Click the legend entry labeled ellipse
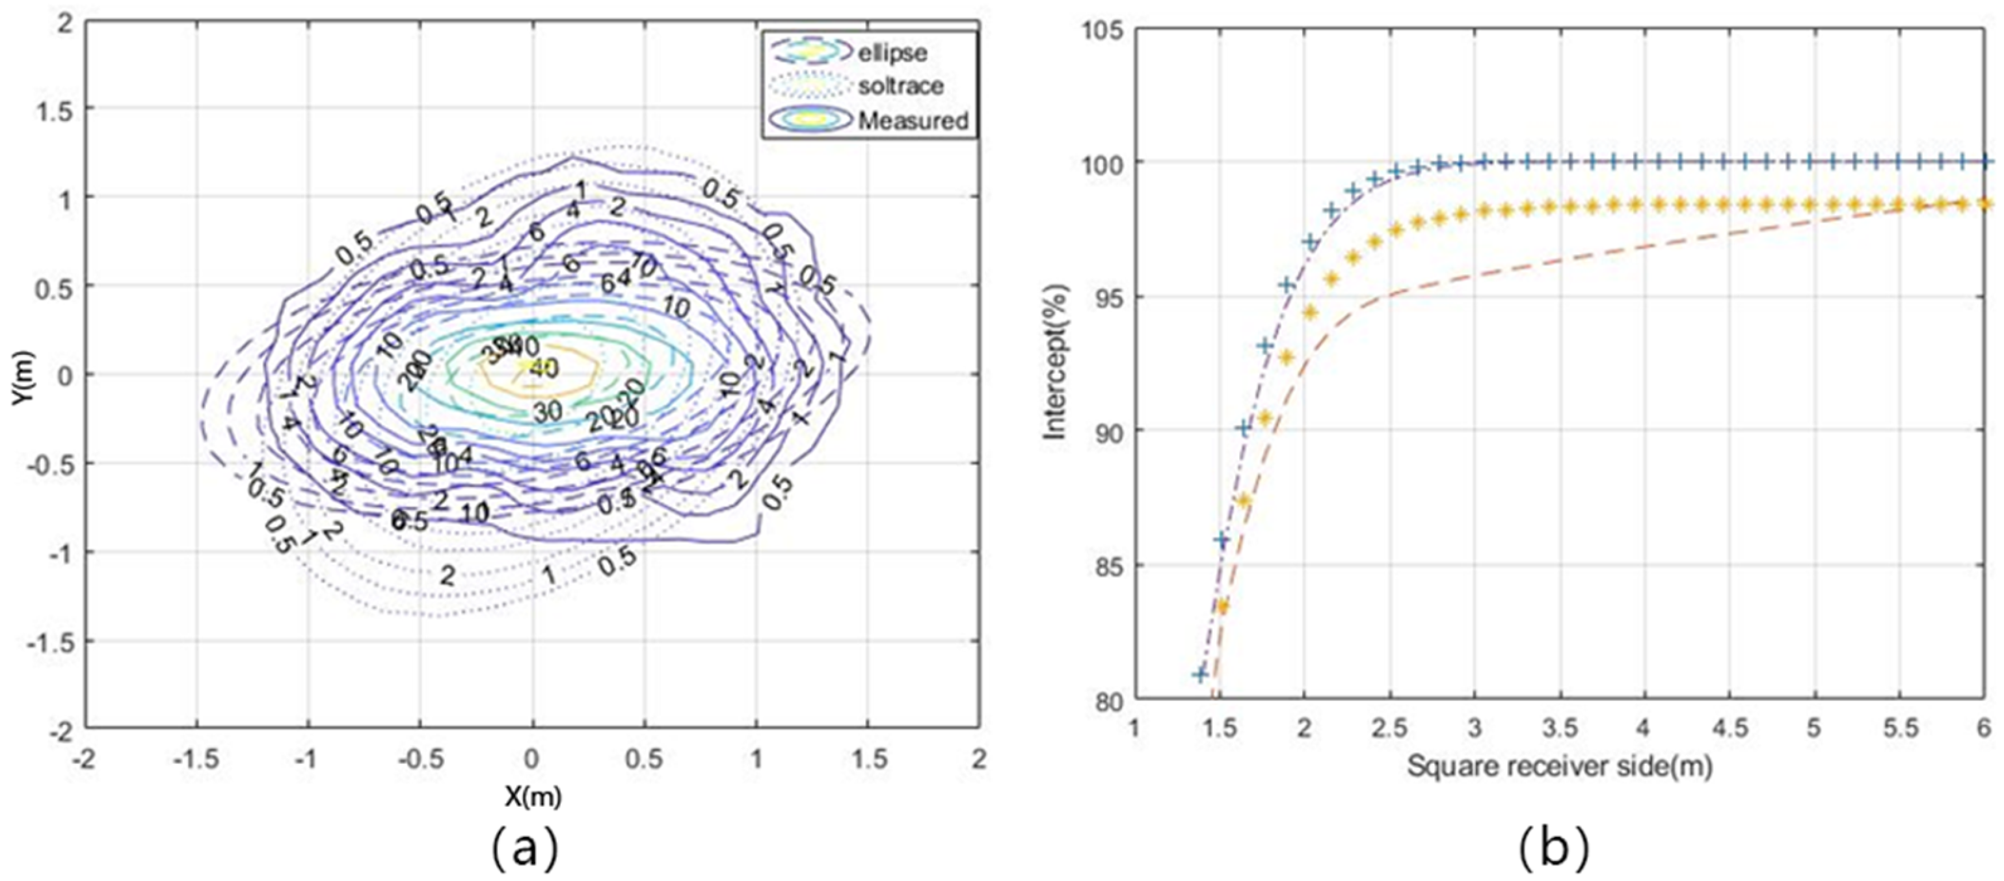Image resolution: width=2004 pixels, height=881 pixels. click(892, 53)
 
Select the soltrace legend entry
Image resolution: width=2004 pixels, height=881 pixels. click(900, 86)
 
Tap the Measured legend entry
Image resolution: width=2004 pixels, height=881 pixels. click(913, 120)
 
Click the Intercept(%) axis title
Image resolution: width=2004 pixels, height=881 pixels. click(1056, 364)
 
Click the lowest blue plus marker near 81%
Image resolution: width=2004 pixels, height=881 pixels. click(1199, 674)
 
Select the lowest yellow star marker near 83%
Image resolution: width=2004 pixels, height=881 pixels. click(1222, 607)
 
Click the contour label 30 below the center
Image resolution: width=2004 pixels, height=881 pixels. click(548, 412)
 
